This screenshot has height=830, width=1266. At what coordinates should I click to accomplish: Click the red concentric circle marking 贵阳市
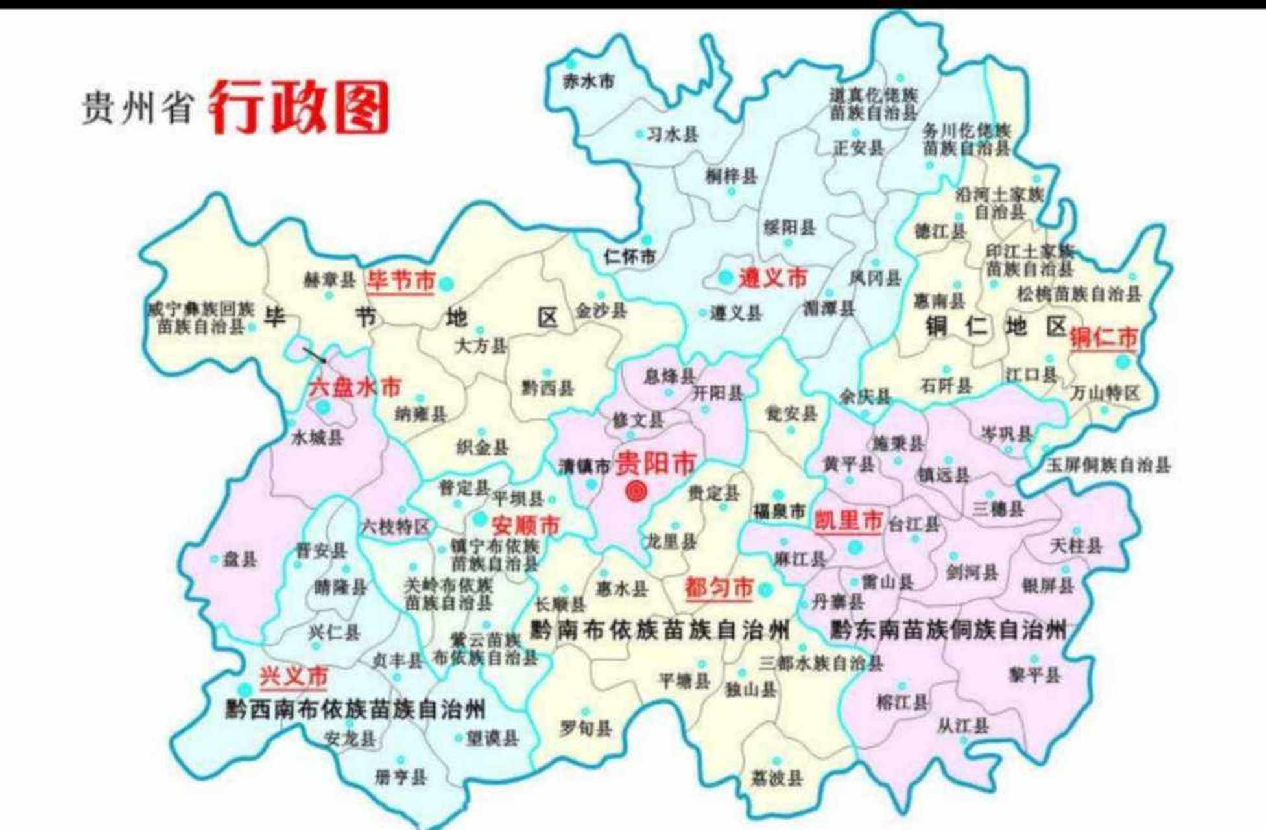(x=636, y=491)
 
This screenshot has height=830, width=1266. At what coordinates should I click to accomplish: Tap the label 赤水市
(x=588, y=82)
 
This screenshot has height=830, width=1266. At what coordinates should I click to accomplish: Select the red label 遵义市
(x=772, y=278)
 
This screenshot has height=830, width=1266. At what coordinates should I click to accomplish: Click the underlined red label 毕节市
(x=400, y=281)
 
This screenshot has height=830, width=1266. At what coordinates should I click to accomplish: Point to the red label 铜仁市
(x=1104, y=338)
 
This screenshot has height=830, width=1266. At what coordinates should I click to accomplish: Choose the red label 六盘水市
(x=355, y=388)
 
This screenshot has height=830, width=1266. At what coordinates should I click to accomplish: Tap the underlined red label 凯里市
(x=848, y=521)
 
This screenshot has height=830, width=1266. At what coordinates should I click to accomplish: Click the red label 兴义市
(x=294, y=677)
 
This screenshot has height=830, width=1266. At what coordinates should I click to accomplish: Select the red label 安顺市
(x=525, y=525)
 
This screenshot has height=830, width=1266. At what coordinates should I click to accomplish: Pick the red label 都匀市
(x=719, y=588)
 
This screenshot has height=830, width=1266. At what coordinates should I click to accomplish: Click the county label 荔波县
(x=777, y=777)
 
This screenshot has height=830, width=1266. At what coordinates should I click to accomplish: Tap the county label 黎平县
(x=1034, y=675)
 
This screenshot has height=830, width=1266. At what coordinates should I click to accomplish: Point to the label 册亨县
(x=401, y=776)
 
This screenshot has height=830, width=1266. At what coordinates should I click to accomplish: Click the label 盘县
(x=239, y=559)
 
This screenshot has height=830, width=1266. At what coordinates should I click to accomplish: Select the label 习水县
(x=673, y=134)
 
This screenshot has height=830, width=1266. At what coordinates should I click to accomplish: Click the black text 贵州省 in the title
(x=137, y=108)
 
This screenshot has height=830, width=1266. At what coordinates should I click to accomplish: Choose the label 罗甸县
(x=586, y=729)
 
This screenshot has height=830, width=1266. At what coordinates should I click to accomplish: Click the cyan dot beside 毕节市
(x=446, y=283)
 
